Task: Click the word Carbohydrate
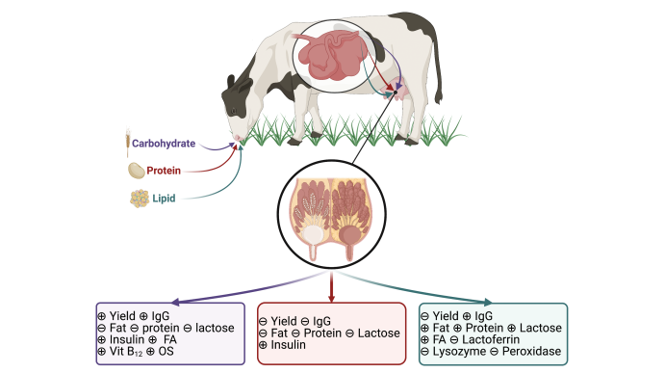pos(164,144)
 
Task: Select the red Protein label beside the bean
pos(164,171)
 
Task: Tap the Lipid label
pos(164,199)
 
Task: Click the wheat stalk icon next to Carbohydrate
pos(127,143)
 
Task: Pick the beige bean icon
pos(137,171)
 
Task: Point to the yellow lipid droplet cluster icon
pos(140,199)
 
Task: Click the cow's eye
pos(234,111)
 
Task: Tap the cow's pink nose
pos(238,138)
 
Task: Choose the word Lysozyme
pos(459,352)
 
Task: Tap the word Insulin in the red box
pos(289,344)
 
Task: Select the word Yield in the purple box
pos(122,316)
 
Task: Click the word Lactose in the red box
pos(379,333)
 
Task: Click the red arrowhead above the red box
pos(332,299)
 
